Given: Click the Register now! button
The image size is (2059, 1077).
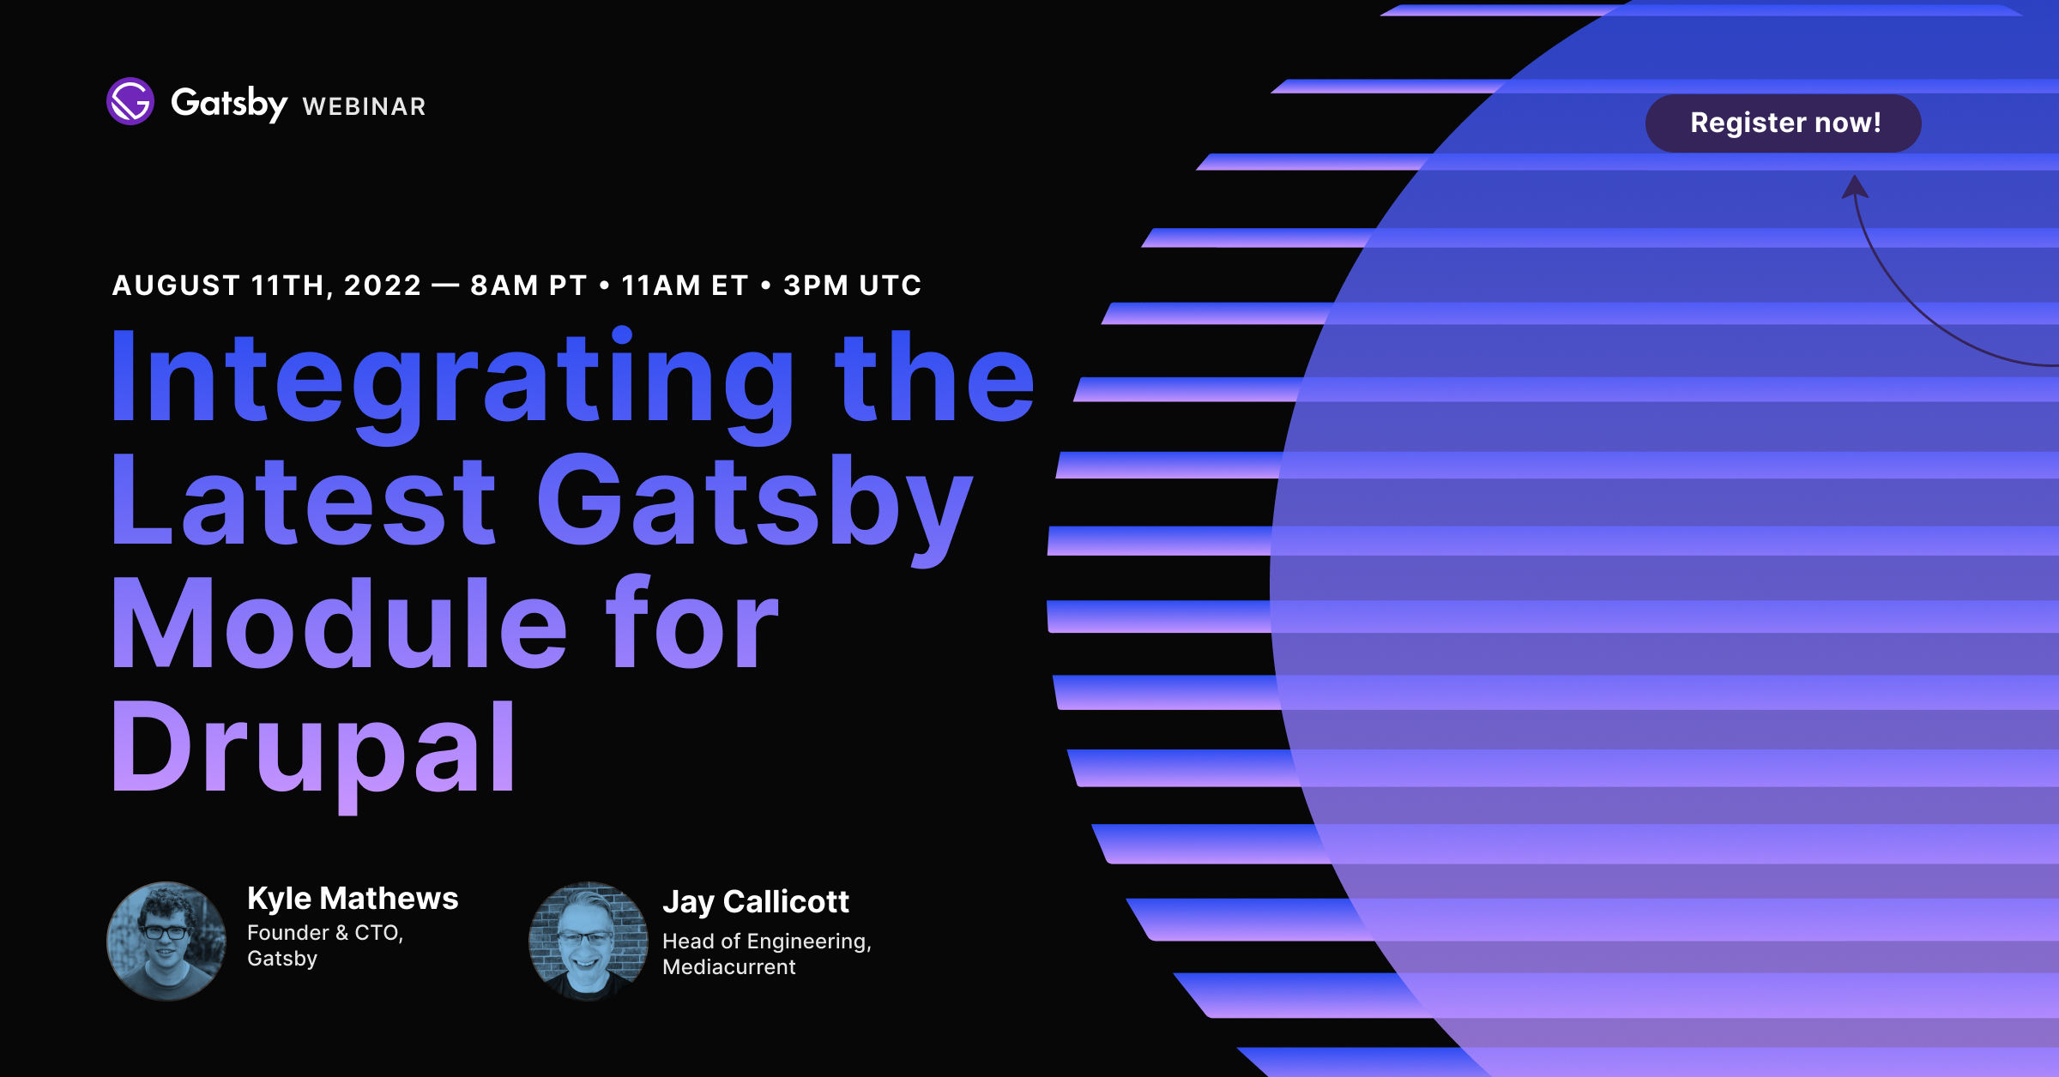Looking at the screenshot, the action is pos(1783,123).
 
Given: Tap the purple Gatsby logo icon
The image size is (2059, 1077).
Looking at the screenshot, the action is pos(130,101).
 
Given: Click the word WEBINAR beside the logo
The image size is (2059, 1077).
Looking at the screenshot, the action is pos(365,106).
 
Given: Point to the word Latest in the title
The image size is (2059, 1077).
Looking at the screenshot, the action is pos(304,501).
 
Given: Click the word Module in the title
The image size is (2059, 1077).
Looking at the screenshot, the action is pos(340,623).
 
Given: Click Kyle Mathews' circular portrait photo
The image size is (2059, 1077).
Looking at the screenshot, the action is pos(166,941).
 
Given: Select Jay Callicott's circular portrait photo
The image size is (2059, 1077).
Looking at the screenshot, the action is pos(589,941).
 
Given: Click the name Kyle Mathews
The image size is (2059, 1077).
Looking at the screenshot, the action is pos(353,899).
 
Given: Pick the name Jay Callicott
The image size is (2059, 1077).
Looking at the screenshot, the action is pos(756,902).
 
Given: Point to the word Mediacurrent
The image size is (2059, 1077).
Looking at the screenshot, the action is pos(729,967).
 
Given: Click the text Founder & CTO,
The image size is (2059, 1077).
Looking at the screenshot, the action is pos(325,933).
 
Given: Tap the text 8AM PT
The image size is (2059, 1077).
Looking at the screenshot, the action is pos(528,286).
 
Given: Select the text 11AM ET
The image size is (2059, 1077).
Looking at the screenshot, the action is pos(685,286).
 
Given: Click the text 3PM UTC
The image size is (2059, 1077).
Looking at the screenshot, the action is pos(853,286).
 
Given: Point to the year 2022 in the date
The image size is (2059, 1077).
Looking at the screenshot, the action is pos(383,286).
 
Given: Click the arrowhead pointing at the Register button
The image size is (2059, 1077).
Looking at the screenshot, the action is pos(1855,186).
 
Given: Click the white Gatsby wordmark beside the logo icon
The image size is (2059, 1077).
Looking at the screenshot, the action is pos(229,104).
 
